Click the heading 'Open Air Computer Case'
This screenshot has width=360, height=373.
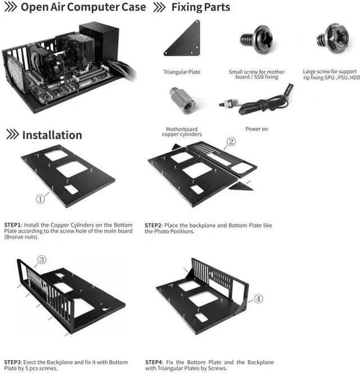(83, 8)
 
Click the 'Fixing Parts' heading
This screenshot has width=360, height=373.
(200, 8)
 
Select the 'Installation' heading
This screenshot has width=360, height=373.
(52, 135)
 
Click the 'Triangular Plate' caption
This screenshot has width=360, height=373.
(182, 72)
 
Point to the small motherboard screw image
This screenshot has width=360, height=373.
(256, 39)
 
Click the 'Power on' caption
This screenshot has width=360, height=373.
(256, 129)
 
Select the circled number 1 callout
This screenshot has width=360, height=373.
(40, 199)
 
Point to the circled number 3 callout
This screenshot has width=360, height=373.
(41, 259)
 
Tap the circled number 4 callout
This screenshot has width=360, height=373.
(258, 299)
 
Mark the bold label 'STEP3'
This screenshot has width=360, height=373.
(12, 362)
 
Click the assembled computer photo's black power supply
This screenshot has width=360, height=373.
(100, 39)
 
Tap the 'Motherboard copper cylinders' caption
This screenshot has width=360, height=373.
(181, 132)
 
